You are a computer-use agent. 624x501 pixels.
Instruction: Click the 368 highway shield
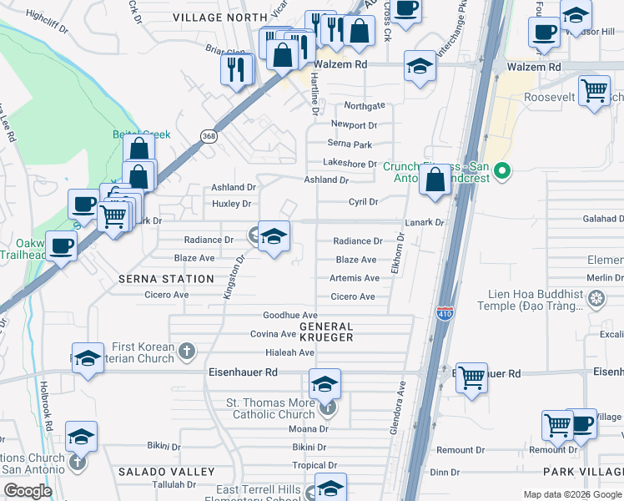(x=208, y=135)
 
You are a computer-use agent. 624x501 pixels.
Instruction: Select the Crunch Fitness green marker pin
(x=501, y=172)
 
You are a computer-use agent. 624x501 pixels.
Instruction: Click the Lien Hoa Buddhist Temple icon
(x=596, y=297)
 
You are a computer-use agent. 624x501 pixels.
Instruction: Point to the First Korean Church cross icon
(x=187, y=352)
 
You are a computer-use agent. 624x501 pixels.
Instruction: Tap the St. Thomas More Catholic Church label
(x=272, y=409)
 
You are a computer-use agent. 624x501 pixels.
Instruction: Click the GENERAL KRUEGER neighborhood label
(x=320, y=331)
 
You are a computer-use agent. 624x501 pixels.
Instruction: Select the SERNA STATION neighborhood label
(x=166, y=279)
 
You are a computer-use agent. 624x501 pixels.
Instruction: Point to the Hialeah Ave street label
(x=289, y=352)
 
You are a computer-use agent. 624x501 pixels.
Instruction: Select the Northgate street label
(x=365, y=106)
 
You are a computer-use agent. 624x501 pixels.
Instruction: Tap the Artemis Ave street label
(x=355, y=278)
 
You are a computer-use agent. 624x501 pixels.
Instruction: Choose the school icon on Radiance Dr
(x=274, y=235)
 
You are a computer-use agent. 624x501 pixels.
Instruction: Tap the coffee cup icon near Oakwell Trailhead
(x=61, y=245)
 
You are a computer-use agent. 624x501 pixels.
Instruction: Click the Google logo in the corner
(x=28, y=491)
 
